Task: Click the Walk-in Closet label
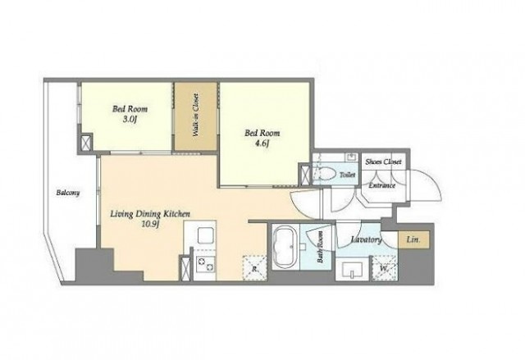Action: coord(195,115)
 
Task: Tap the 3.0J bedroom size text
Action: coord(130,119)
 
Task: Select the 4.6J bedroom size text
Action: coord(262,144)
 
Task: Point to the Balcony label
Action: coord(68,193)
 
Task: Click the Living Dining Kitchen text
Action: coord(150,214)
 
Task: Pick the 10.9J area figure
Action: coord(150,224)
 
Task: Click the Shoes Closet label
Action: coord(383,162)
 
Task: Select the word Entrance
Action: coord(382,185)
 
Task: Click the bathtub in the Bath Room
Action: coord(285,248)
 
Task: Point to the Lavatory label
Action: coord(367,239)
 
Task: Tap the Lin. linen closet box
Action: coord(413,239)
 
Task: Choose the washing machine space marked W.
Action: coord(385,268)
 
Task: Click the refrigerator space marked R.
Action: coord(254,267)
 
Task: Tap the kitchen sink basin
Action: coord(205,235)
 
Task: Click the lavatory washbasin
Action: coord(352,270)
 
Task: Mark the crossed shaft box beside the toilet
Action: coord(305,174)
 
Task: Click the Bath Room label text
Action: coord(320,247)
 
